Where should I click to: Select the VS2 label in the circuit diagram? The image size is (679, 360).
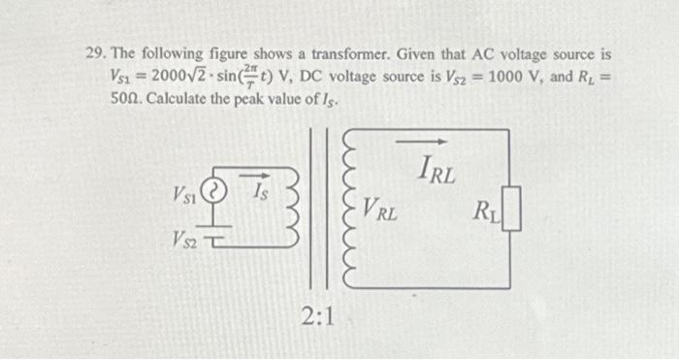click(185, 237)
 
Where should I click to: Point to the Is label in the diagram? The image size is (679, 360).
click(260, 192)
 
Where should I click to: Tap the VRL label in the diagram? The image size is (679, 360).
click(380, 207)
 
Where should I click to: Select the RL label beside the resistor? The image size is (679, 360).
click(485, 210)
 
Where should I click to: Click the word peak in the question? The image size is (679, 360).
click(264, 99)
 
